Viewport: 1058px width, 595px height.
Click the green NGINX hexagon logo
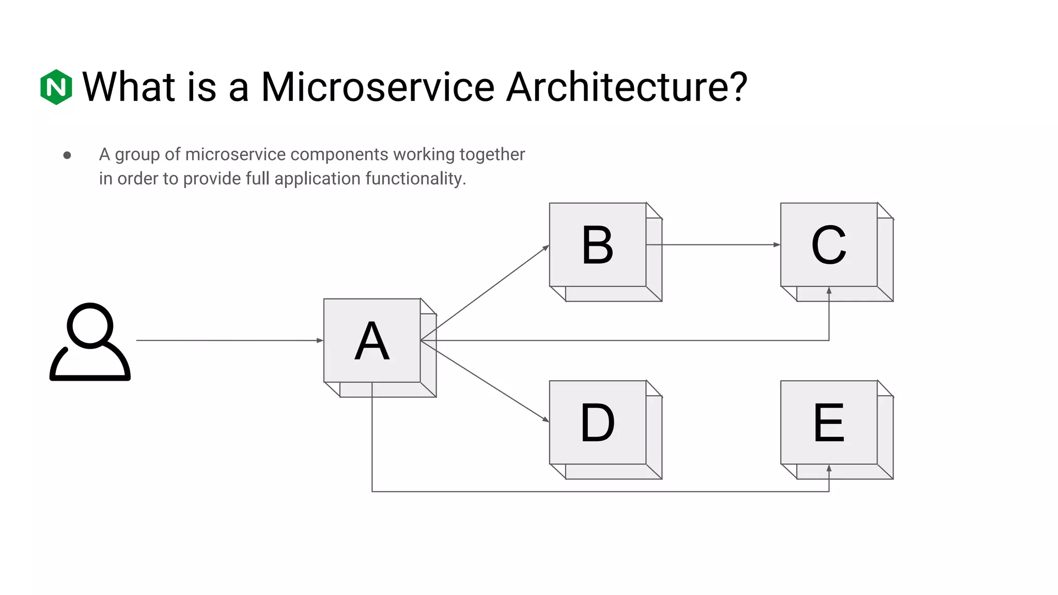pos(56,87)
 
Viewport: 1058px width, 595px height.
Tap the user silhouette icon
pos(90,342)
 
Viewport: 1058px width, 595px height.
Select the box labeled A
pos(372,341)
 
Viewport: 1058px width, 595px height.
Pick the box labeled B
pos(598,245)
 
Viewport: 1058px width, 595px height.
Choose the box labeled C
pos(829,245)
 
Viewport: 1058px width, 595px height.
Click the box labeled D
pos(598,422)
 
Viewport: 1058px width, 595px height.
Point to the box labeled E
pos(829,422)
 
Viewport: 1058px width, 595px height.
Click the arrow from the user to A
pos(227,340)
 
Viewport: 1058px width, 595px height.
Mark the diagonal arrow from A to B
pos(486,292)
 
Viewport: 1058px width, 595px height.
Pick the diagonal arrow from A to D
pos(486,381)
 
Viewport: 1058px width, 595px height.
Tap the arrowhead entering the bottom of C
pos(829,291)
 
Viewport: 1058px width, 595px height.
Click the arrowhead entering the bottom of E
pos(829,469)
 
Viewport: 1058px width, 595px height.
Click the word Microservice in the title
pos(378,87)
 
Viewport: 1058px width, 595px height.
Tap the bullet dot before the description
pos(67,155)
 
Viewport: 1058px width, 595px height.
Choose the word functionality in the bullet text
pos(415,179)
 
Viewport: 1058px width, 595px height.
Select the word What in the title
pos(129,87)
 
